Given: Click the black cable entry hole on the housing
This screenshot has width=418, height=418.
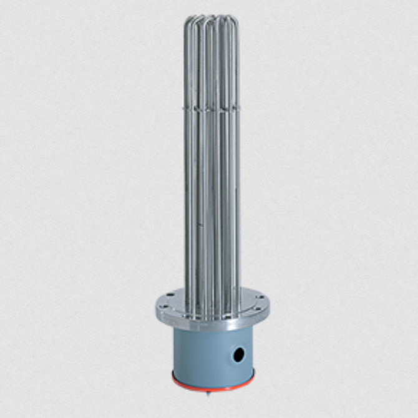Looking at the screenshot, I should (x=240, y=354).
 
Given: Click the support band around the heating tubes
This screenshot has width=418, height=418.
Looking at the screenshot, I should (x=211, y=109).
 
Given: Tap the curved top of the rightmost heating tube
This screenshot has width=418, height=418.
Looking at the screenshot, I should (x=236, y=25).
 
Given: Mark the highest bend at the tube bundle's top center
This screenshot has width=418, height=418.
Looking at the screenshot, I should (x=211, y=17).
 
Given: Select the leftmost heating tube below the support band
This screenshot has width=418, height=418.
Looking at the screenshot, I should (x=188, y=206).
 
